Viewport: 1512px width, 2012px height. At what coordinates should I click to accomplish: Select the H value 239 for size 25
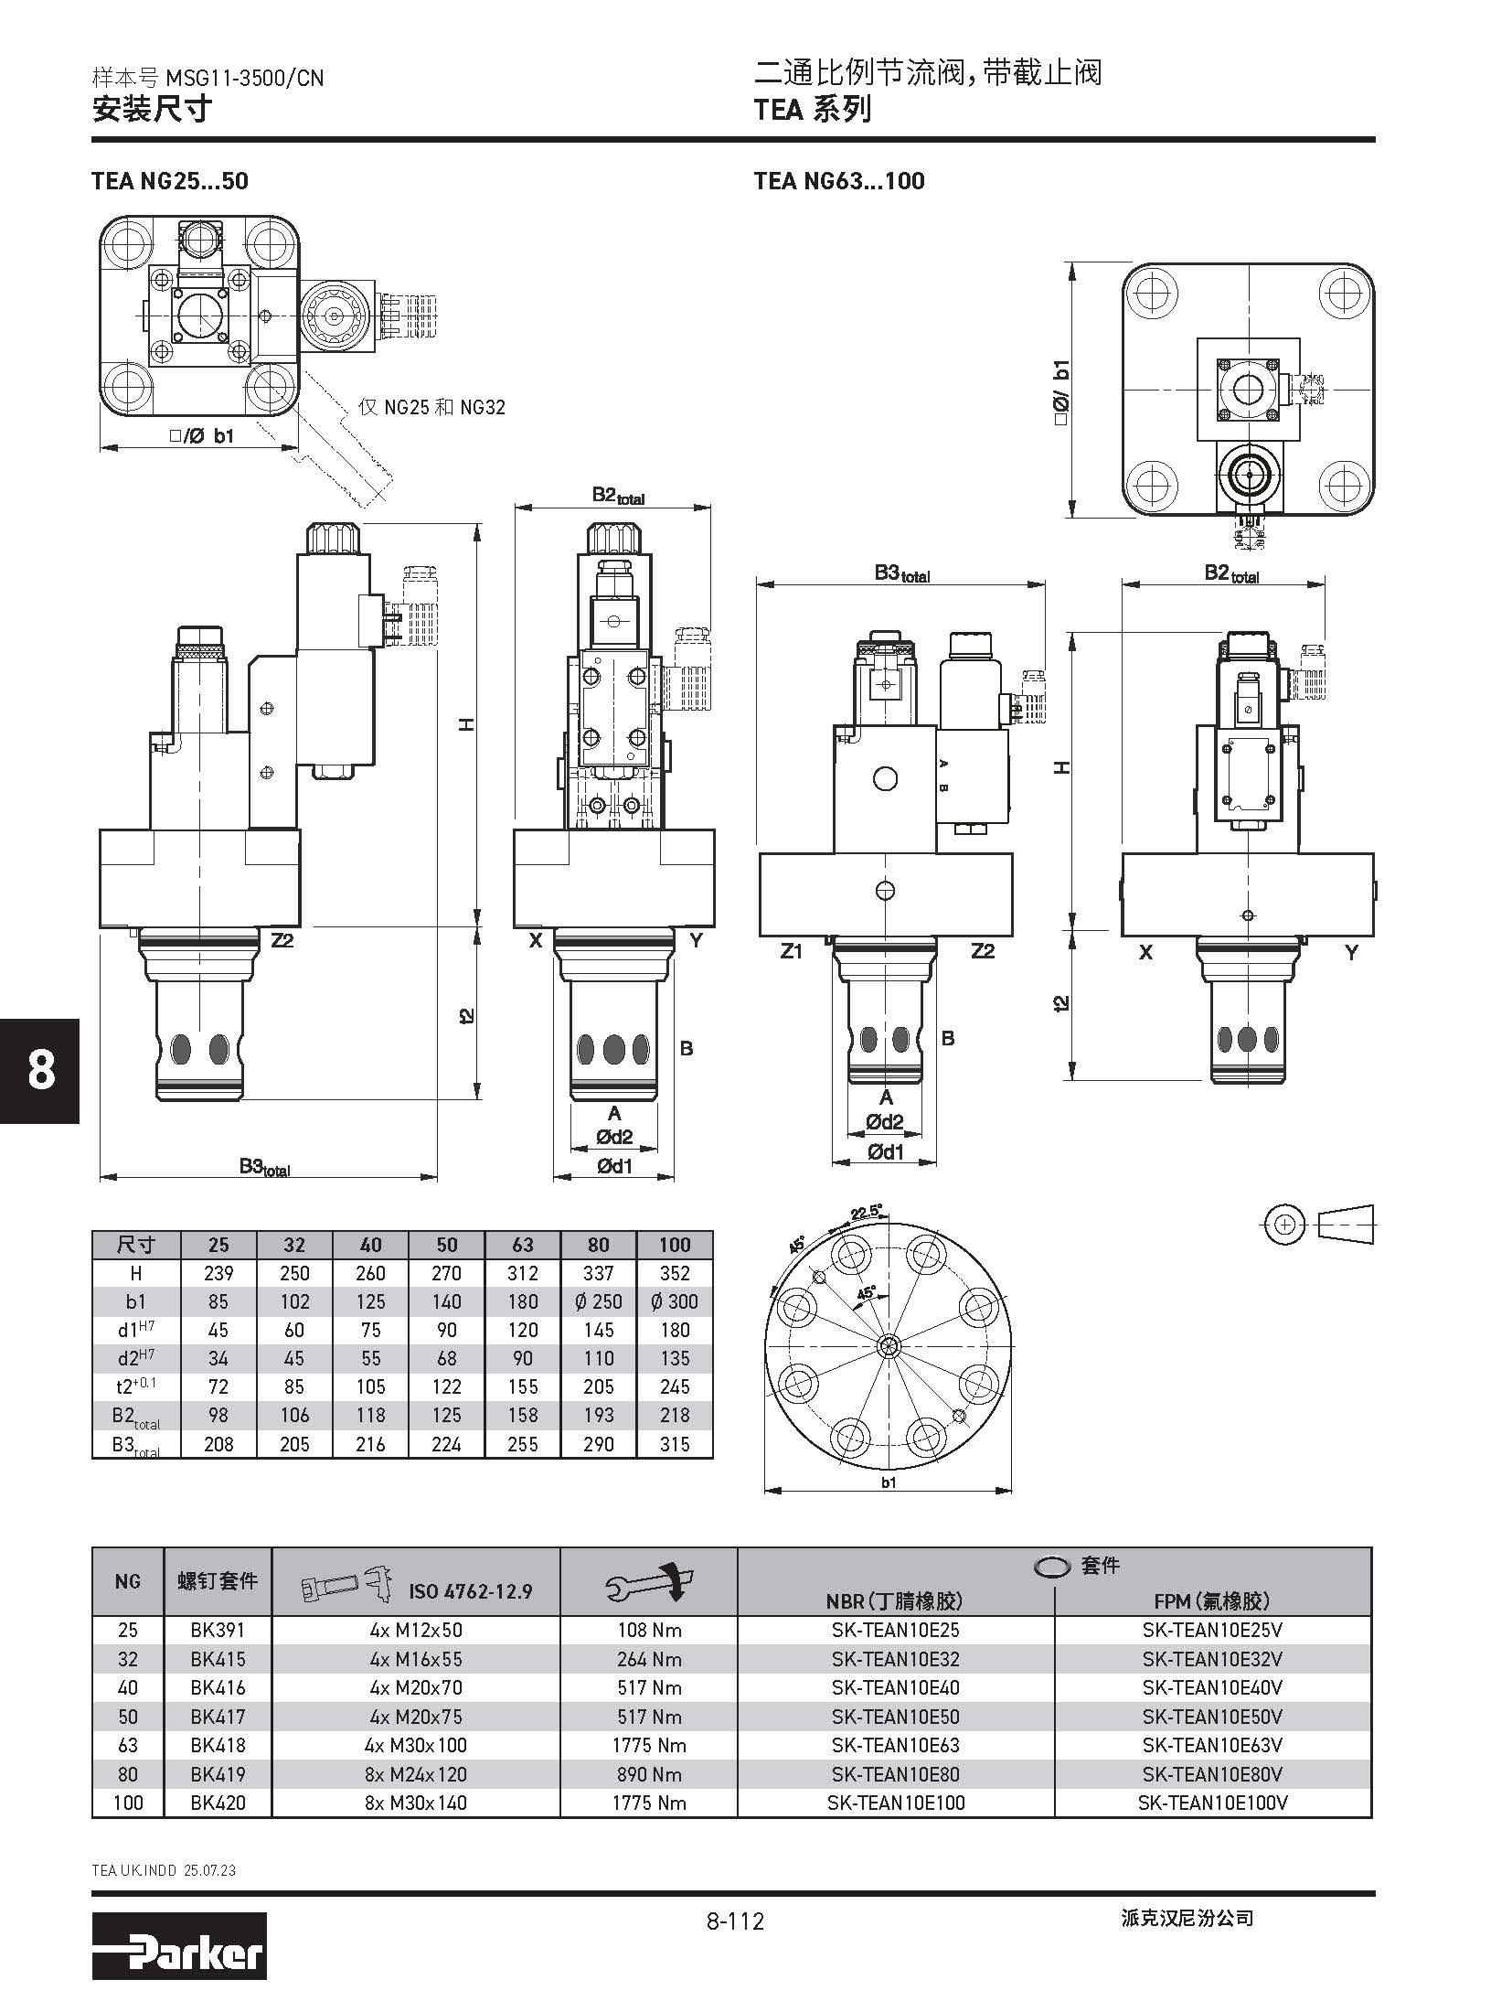pos(218,1273)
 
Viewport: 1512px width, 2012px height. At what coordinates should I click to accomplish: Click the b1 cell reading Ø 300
pos(675,1301)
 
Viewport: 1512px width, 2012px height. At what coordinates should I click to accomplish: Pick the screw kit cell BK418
pos(218,1745)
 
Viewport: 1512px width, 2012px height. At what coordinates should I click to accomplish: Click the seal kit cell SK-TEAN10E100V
pos(1212,1803)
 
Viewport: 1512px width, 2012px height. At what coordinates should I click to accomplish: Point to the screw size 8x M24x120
pos(415,1774)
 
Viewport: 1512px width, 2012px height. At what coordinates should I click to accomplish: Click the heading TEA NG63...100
pos(839,181)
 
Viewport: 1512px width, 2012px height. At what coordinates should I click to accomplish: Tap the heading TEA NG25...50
pos(170,181)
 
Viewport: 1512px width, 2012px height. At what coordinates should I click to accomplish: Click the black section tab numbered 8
pos(40,1071)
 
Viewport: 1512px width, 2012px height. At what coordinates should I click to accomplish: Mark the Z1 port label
pos(792,951)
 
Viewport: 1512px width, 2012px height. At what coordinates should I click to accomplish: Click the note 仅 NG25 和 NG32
pos(431,407)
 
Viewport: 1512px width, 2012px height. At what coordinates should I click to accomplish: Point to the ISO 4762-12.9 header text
pos(470,1592)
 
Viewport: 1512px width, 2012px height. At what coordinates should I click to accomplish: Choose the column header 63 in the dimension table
pos(523,1245)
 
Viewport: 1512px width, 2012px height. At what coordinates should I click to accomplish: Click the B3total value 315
pos(675,1444)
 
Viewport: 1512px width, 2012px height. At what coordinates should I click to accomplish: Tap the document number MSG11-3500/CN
pos(244,79)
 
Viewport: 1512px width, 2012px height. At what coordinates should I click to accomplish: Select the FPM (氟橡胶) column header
pos(1212,1600)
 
